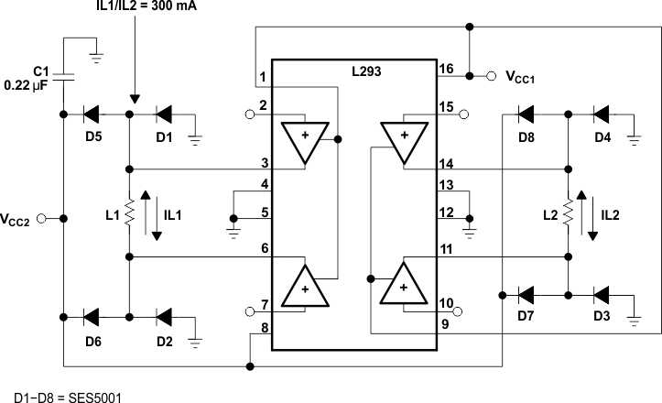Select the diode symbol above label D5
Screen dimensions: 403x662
92,114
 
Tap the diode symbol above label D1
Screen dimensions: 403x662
164,114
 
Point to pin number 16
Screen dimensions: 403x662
445,70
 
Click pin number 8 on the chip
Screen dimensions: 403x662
263,327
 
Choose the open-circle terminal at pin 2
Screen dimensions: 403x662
248,115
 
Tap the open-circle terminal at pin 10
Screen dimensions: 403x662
459,311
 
